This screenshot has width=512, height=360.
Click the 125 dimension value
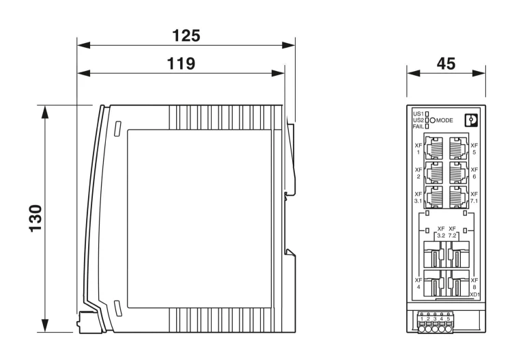click(x=186, y=36)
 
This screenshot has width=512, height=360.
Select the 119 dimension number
click(x=181, y=64)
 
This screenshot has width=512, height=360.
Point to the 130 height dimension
click(x=35, y=219)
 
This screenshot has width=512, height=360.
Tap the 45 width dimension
click(x=446, y=64)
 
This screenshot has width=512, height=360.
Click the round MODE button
click(x=433, y=120)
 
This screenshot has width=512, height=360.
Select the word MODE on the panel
click(x=444, y=120)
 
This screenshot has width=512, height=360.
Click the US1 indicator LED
click(x=427, y=114)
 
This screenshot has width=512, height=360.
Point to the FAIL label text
click(x=418, y=126)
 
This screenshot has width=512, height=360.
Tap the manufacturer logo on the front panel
click(x=471, y=120)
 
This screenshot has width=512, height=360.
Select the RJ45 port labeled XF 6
click(x=459, y=173)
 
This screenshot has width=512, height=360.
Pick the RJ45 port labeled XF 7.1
click(x=459, y=197)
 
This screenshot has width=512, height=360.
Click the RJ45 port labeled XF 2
click(x=434, y=173)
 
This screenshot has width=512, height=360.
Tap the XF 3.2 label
click(x=441, y=232)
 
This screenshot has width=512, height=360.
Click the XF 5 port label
click(x=474, y=149)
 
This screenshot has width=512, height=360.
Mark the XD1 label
click(x=474, y=294)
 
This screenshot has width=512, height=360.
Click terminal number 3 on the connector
click(x=435, y=319)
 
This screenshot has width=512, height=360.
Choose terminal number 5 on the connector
click(x=449, y=319)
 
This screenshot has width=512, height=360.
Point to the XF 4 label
click(x=418, y=283)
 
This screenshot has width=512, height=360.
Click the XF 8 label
click(x=474, y=283)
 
